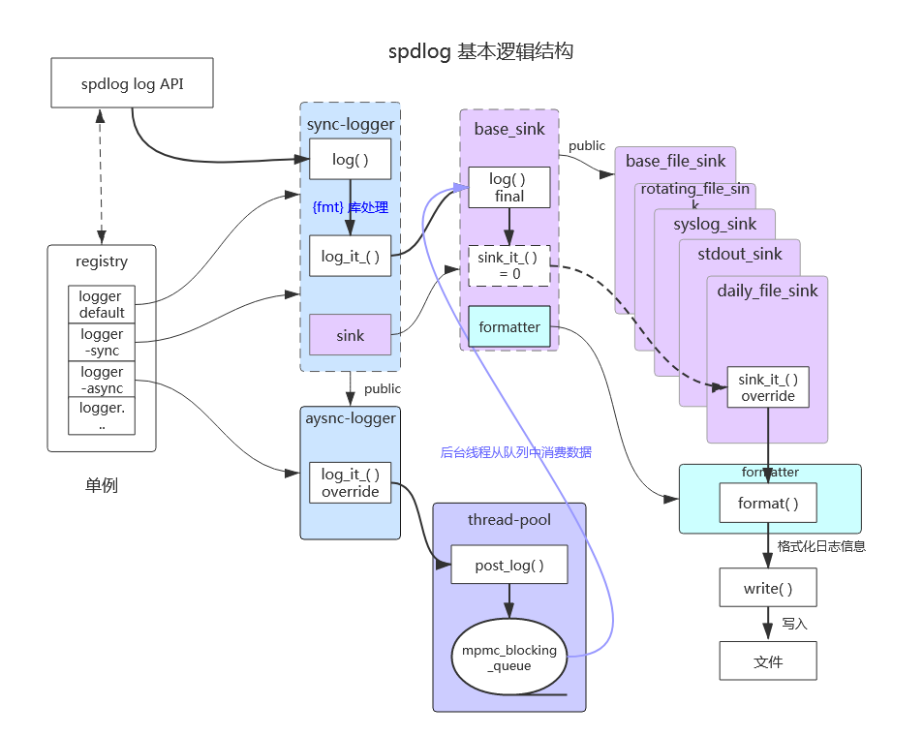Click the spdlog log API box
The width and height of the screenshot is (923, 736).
click(132, 83)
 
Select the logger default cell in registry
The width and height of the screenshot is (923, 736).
click(102, 304)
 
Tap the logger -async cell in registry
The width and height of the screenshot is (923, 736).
click(102, 380)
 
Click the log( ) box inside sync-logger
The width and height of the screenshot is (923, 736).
click(350, 160)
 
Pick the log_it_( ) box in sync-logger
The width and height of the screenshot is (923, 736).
click(350, 257)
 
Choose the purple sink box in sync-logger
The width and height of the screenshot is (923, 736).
click(350, 335)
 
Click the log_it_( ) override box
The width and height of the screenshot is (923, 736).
click(350, 482)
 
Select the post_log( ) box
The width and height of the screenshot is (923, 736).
click(508, 565)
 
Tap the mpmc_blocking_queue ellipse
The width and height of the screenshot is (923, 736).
click(508, 658)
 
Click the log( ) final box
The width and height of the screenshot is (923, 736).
click(508, 188)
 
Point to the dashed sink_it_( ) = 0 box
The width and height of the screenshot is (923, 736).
click(508, 265)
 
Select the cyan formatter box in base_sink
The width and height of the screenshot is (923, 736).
click(508, 327)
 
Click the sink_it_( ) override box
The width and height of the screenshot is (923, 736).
click(767, 387)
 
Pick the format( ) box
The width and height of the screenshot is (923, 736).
click(767, 504)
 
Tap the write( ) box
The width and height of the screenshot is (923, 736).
click(767, 588)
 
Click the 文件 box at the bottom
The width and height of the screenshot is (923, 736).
click(767, 661)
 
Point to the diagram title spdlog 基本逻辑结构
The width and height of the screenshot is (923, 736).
click(480, 52)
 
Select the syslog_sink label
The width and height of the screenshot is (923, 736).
click(715, 225)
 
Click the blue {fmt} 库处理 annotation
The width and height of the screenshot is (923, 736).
click(350, 207)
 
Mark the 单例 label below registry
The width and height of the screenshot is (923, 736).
click(101, 486)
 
